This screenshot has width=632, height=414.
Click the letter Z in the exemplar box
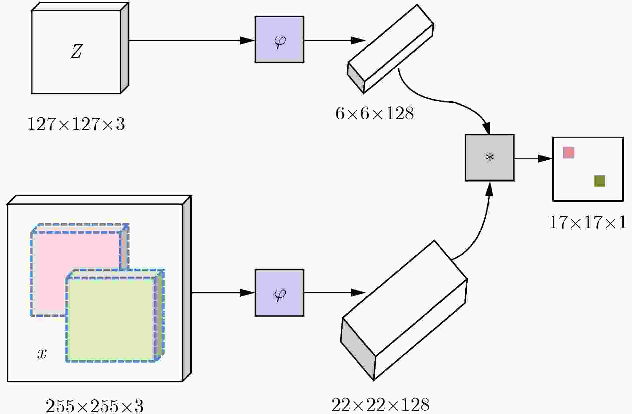point(76,52)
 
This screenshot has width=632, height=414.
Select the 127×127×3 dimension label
point(76,124)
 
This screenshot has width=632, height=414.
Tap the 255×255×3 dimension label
point(95,406)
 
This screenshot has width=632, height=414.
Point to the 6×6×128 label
point(375,114)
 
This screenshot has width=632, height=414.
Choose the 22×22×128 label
point(381,405)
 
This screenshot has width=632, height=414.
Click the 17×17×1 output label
point(588,222)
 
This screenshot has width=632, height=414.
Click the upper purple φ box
point(280,39)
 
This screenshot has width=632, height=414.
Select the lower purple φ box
point(280,292)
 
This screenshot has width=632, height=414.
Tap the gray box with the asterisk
point(490,158)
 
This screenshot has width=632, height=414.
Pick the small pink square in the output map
point(569,152)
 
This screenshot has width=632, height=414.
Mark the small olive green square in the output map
point(600,181)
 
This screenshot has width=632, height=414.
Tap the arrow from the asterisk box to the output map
point(533,158)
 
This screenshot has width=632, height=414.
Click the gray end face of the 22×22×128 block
point(357,347)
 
